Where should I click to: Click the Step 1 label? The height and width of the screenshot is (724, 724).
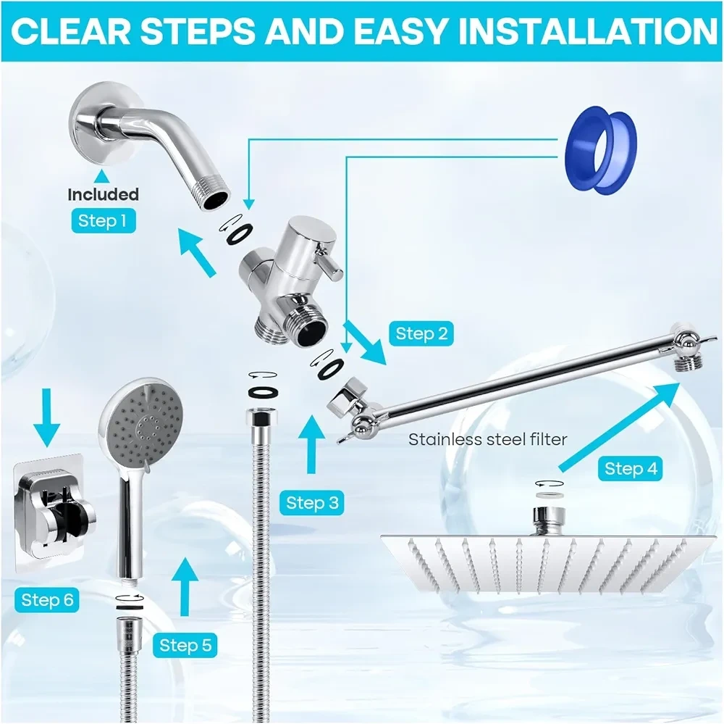point(103,220)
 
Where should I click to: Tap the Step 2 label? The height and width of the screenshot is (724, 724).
point(421,333)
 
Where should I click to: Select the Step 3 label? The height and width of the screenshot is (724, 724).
point(311,502)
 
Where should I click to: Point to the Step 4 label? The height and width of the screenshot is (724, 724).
point(631,469)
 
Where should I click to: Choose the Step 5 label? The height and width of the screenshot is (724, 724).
point(185,645)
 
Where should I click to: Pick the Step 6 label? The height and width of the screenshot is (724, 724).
point(47,600)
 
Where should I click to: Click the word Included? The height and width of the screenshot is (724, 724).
point(103,194)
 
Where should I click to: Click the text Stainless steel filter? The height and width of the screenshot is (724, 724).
point(487,438)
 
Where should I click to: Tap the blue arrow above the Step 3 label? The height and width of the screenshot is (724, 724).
point(311,444)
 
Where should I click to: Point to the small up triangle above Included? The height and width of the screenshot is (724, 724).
point(103,176)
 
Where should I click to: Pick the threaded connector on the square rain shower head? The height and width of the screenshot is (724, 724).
point(549,520)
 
